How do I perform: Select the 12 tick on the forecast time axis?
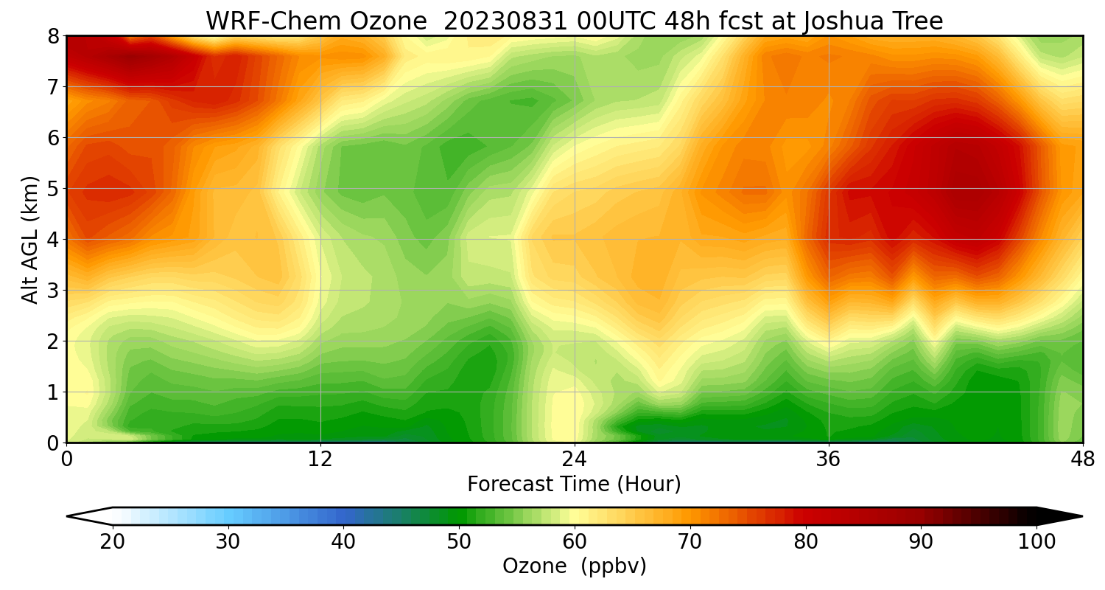point(320,459)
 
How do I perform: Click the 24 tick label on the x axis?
point(575,459)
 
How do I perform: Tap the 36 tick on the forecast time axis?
point(829,459)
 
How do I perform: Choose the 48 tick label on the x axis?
point(1082,459)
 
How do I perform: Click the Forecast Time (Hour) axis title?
point(574,485)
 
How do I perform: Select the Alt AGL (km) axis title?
point(30,240)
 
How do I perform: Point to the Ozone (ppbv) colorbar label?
point(574,566)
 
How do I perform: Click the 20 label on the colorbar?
point(113,542)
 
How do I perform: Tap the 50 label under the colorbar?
point(459,542)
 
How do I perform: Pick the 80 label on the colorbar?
point(805,542)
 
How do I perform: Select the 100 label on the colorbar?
point(1036,542)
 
